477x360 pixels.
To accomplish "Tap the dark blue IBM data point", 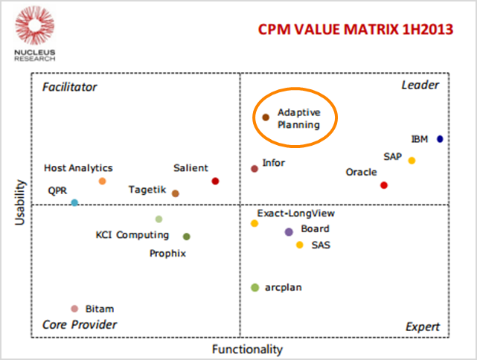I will [440, 139].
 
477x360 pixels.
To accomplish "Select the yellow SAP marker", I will [412, 161].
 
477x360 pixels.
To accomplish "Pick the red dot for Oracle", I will [384, 185].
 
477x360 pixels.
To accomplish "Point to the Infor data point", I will [254, 168].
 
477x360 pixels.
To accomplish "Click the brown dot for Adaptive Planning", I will [266, 117].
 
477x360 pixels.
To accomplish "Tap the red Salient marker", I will [215, 181].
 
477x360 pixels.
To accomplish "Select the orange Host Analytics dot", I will [102, 181].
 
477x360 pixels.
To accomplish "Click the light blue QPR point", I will [74, 202].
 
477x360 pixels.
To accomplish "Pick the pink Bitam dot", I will [74, 309].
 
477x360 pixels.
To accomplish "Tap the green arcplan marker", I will [254, 287].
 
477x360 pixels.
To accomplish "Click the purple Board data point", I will [289, 232].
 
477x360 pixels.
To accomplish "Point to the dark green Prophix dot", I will [187, 237].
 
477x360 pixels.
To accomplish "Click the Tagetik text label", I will [147, 190].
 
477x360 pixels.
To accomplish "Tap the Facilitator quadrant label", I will [70, 87].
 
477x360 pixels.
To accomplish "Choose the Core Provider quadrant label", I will [80, 324].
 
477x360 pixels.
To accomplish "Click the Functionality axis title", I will [247, 349].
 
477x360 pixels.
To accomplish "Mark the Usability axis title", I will [21, 202].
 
